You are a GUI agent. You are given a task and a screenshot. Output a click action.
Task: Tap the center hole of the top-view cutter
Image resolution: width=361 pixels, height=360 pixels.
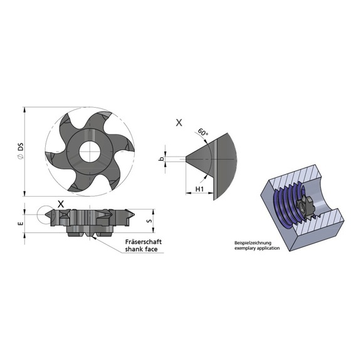point(88,151)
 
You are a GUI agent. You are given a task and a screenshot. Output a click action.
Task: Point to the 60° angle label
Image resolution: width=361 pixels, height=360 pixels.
point(202,133)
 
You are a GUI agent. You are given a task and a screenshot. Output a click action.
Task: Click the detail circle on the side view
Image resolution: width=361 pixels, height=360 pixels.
point(44,214)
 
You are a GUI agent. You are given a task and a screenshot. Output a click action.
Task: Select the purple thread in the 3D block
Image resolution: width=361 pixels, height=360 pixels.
point(285,200)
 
